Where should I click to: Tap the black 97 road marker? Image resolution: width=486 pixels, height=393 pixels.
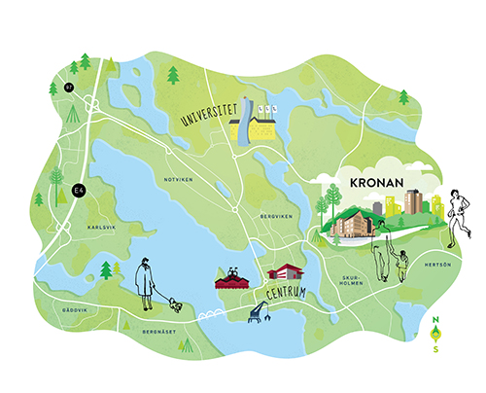click(x=68, y=88)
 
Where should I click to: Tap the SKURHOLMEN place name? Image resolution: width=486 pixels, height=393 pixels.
click(x=351, y=281)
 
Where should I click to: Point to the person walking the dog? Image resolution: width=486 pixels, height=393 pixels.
click(x=147, y=282)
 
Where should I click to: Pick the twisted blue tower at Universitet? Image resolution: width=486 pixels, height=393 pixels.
click(x=247, y=119)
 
